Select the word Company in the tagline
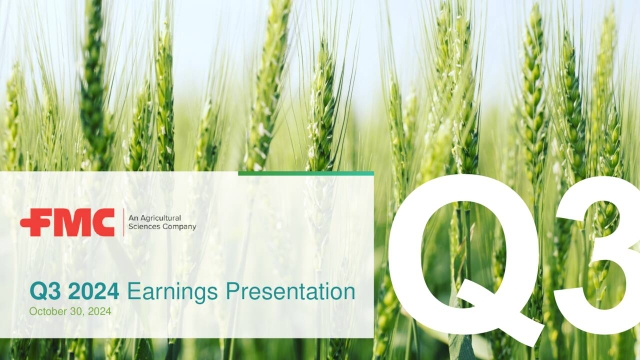click(179, 227)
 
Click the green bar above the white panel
click(305, 173)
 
